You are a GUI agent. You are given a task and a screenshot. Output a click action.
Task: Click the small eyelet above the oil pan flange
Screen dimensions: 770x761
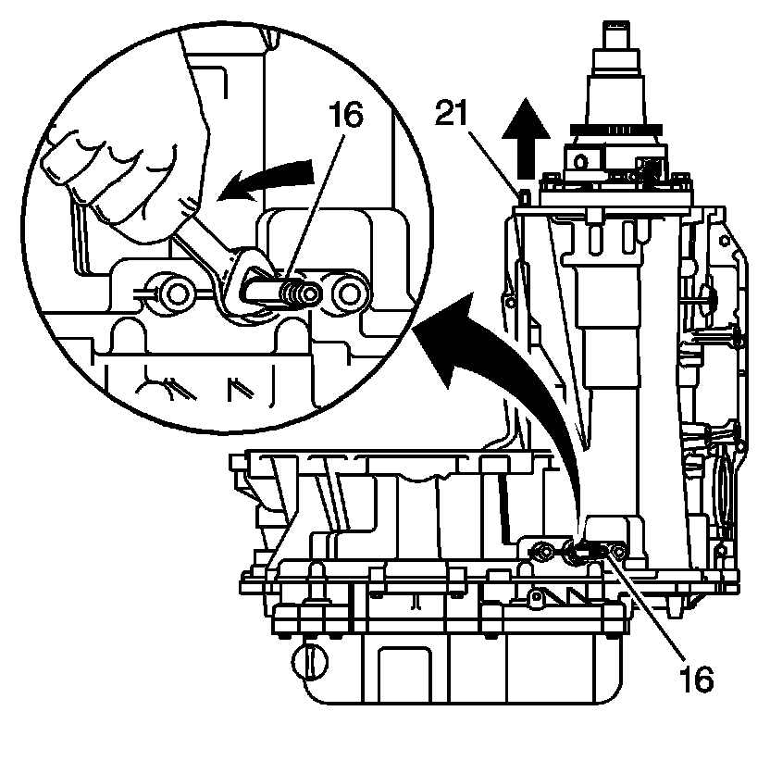(x=534, y=597)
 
